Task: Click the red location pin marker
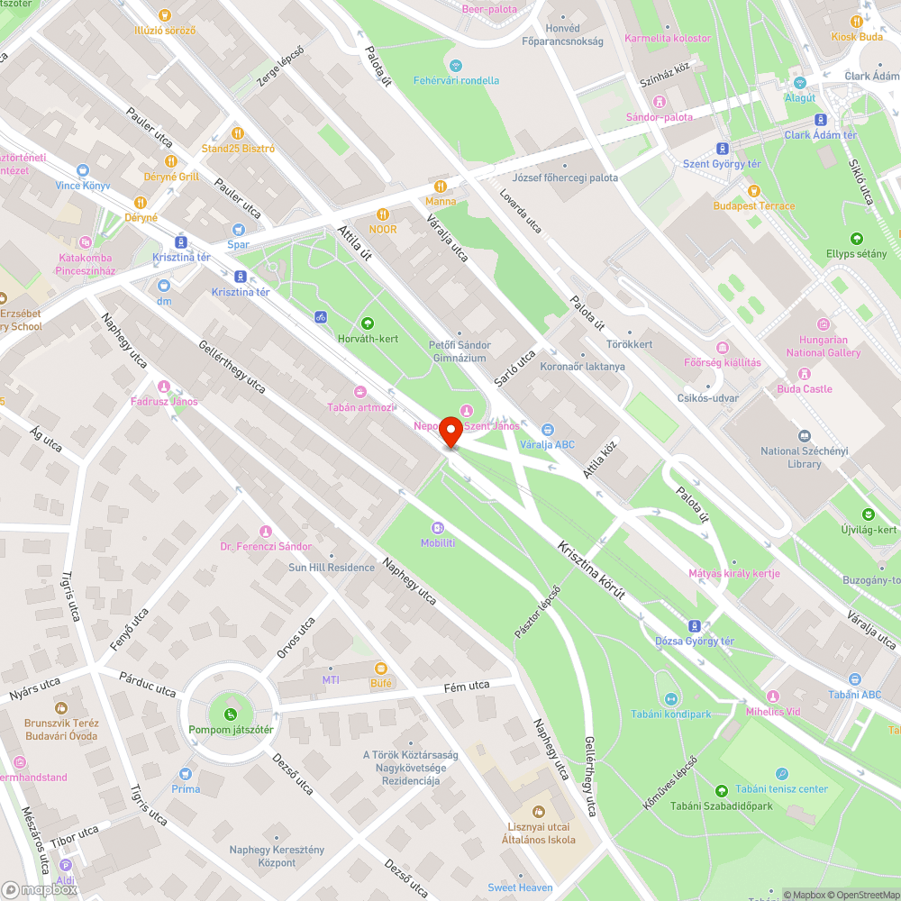450,432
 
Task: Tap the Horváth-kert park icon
367,323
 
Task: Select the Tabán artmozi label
360,407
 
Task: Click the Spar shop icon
239,229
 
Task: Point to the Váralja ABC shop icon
548,430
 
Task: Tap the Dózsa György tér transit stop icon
694,625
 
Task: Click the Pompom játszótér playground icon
231,714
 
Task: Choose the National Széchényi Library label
791,457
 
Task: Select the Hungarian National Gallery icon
824,324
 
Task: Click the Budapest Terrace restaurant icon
754,191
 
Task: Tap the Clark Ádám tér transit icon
820,119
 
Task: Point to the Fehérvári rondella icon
456,65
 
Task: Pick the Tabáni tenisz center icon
781,773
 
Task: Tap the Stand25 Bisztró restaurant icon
238,133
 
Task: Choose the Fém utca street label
467,687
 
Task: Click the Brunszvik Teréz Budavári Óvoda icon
62,708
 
